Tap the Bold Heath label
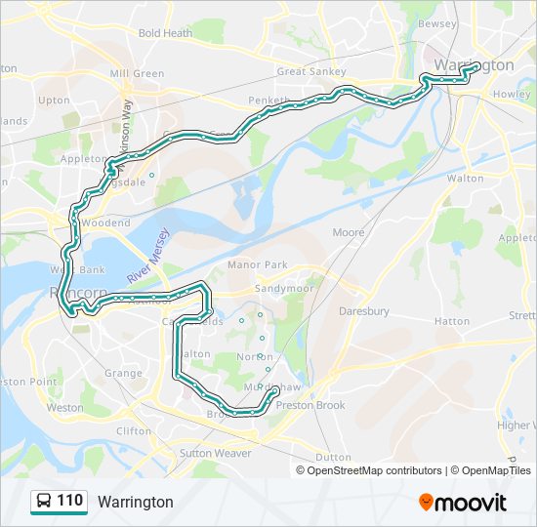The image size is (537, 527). coord(165,33)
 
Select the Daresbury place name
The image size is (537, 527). coord(363,311)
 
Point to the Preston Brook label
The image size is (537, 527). coord(310,405)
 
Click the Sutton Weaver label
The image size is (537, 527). coord(215,453)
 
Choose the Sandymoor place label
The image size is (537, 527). coord(282,289)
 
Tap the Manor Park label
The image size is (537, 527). coord(257,264)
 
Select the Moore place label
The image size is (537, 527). coord(349,232)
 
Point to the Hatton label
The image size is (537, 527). coord(452,321)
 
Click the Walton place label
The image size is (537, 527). coord(465,179)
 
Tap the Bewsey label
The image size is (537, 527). coord(436,23)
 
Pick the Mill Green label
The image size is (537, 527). coord(137,73)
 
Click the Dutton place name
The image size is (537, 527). coord(333,457)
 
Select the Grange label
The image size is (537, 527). coord(123,373)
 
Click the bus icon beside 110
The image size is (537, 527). coord(44,502)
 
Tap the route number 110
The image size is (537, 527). coord(69,501)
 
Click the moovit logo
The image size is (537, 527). coord(463,503)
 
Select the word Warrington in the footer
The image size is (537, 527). coord(135,502)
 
